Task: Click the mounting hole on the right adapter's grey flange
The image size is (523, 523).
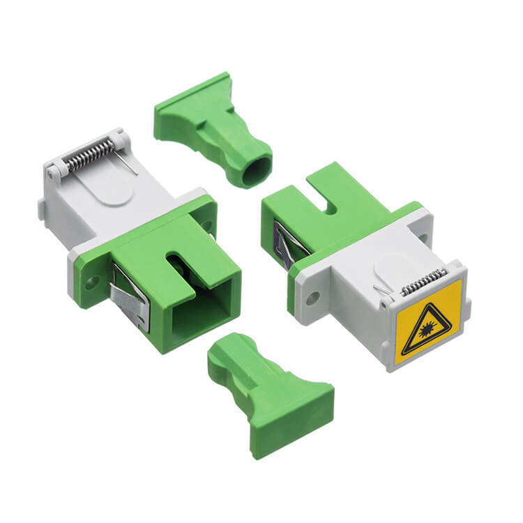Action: click(312, 296)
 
